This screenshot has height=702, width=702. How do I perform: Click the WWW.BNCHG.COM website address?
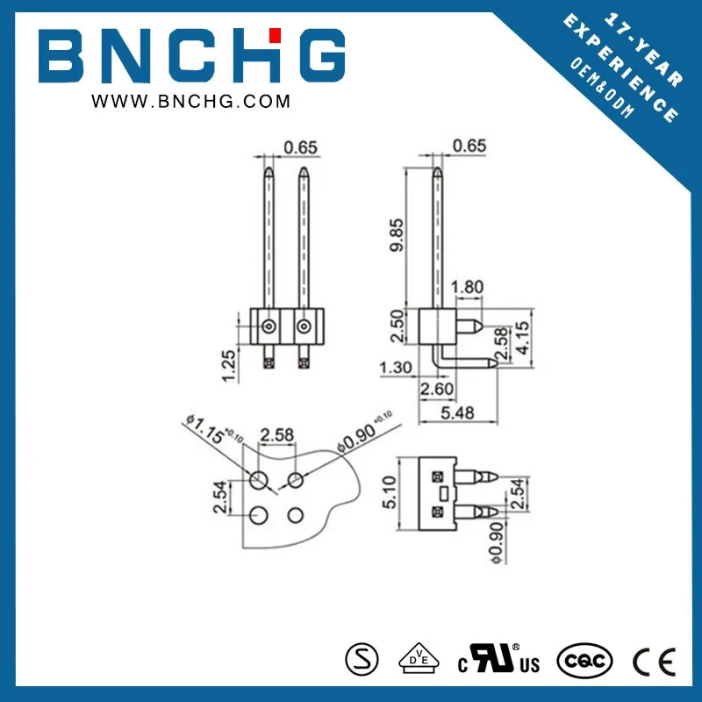point(191,103)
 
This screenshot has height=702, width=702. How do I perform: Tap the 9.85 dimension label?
point(397,234)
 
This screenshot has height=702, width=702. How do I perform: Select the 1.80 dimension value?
point(467,288)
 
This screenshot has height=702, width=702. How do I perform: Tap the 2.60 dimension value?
point(436,388)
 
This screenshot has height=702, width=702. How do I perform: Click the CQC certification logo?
point(582,658)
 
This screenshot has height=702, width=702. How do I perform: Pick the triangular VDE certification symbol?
point(419,657)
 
